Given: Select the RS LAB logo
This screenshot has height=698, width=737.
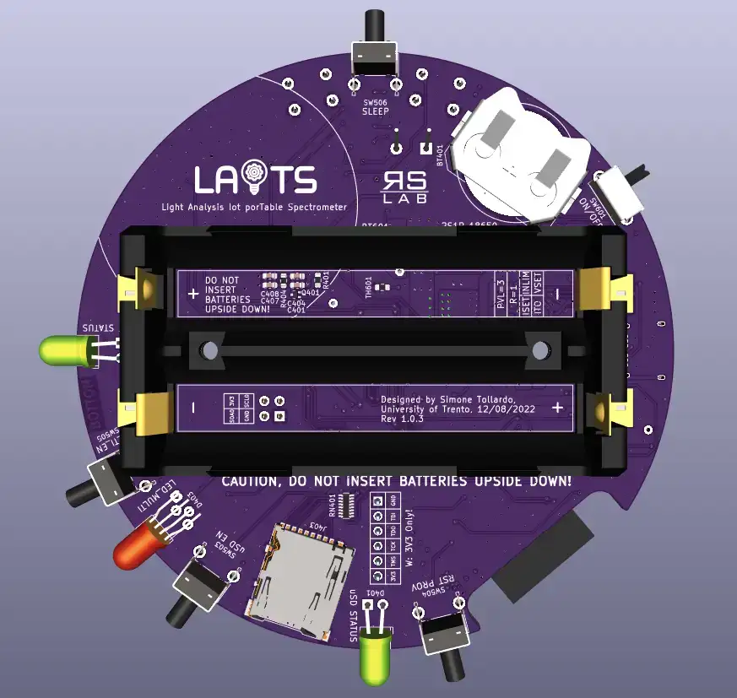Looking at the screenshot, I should pyautogui.click(x=405, y=187).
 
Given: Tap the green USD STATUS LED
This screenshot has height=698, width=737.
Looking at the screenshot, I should pyautogui.click(x=374, y=656).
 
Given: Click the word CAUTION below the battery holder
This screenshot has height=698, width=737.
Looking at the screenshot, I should pyautogui.click(x=251, y=481).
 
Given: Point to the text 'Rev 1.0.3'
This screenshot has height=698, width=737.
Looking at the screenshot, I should pyautogui.click(x=402, y=419).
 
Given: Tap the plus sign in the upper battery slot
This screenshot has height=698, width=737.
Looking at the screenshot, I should pyautogui.click(x=193, y=295).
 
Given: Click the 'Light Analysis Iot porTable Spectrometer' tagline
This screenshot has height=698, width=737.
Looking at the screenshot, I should pyautogui.click(x=254, y=207).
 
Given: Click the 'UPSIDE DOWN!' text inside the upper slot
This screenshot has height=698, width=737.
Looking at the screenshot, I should pyautogui.click(x=237, y=310).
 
